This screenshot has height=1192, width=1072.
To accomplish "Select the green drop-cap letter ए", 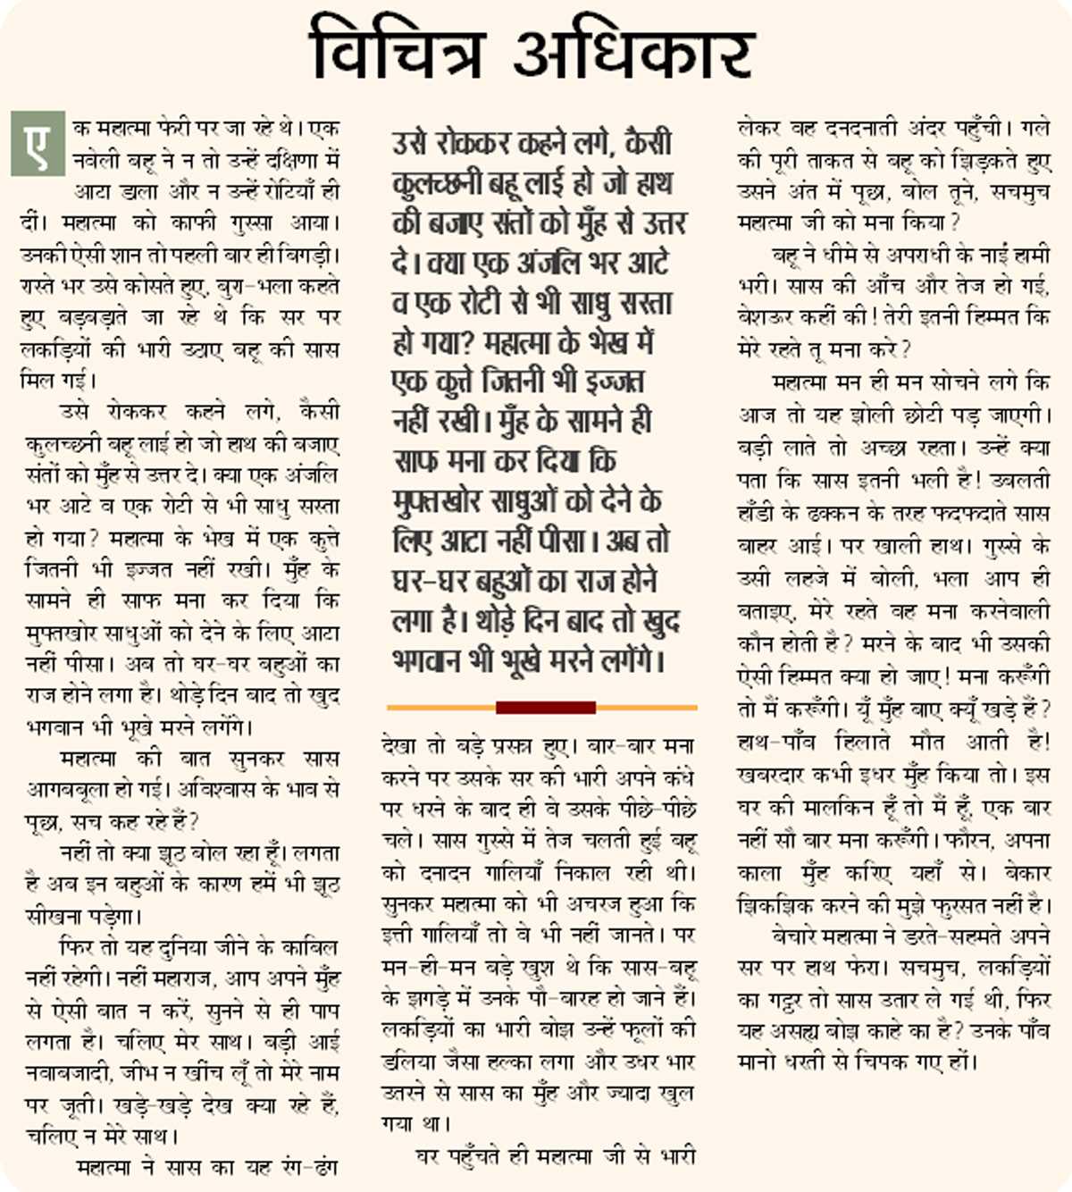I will click(38, 143).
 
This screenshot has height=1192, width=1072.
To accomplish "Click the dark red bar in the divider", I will click(545, 708).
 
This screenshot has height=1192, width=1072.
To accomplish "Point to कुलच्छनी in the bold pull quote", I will click(437, 183).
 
